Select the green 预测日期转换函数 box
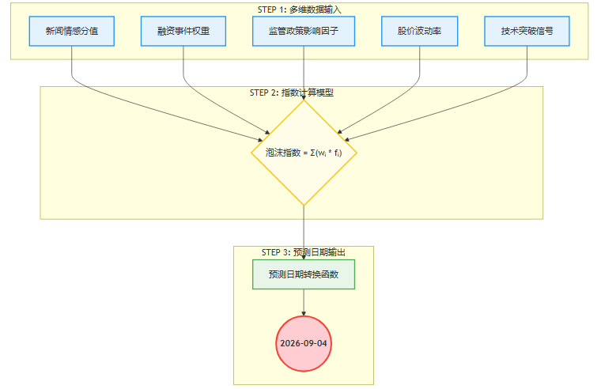pyautogui.click(x=304, y=274)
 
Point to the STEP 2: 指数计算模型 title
pyautogui.click(x=291, y=93)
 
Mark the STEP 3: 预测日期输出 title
pyautogui.click(x=303, y=252)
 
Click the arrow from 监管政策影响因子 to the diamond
pyautogui.click(x=304, y=71)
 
